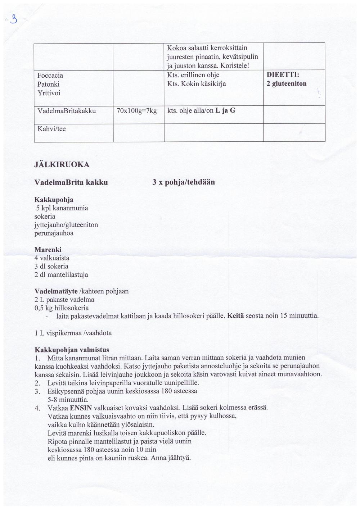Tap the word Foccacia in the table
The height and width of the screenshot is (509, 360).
[x=50, y=75]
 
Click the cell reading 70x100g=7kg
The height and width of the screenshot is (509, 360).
[x=137, y=111]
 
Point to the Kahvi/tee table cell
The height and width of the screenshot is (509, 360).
[x=51, y=129]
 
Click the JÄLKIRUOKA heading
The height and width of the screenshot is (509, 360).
[x=62, y=165]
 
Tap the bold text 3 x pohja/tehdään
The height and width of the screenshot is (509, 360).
[x=183, y=182]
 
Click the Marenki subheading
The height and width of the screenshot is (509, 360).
[x=48, y=249]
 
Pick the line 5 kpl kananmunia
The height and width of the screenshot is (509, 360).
[x=62, y=208]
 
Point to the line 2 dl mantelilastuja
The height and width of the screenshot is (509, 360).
[x=61, y=275]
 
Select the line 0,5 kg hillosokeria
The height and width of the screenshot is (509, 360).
[x=61, y=308]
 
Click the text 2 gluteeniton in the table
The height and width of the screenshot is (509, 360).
[x=287, y=84]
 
